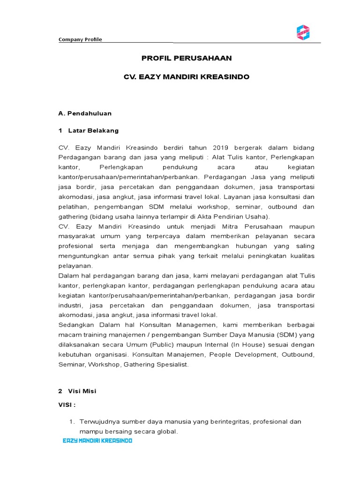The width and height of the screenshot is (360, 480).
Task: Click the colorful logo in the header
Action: (x=303, y=32)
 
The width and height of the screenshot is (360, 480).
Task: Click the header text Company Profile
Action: (x=80, y=39)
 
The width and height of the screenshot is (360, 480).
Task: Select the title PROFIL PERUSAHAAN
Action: (x=187, y=58)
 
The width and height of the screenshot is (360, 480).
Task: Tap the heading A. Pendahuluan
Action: (x=85, y=113)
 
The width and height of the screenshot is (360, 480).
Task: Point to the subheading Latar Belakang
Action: (x=93, y=130)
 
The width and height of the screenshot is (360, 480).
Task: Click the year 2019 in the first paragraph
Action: (x=217, y=148)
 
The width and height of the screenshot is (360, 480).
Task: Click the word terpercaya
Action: (x=158, y=236)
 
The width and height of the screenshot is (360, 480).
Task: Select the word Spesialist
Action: (x=172, y=364)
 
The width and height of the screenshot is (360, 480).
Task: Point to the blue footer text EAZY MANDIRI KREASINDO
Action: (x=97, y=441)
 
